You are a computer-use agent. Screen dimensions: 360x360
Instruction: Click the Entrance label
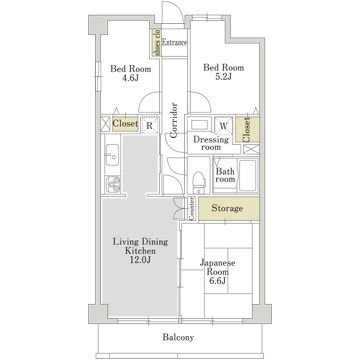tap(176, 43)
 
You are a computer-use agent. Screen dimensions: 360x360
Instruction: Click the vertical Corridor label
tap(173, 120)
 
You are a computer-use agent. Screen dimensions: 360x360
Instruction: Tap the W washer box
tap(223, 126)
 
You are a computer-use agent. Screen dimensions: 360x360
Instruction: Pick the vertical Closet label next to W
tap(246, 127)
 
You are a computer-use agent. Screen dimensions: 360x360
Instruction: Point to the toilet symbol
tap(199, 180)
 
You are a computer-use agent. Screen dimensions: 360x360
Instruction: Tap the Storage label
tap(228, 208)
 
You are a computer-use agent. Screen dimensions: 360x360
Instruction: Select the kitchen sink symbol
tap(112, 158)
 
